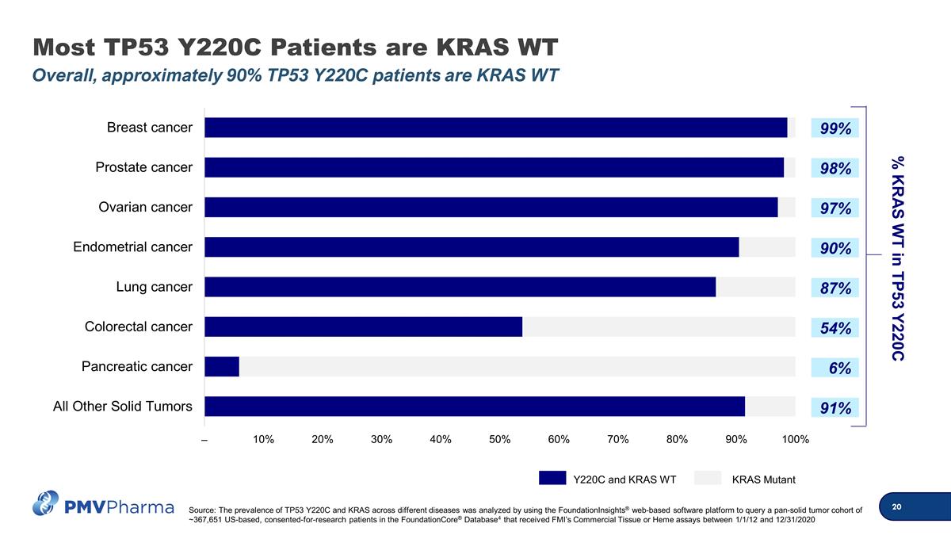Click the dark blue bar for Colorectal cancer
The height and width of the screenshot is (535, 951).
pyautogui.click(x=364, y=327)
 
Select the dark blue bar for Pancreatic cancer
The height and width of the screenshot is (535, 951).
pyautogui.click(x=222, y=366)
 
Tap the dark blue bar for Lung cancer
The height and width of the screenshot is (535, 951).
pyautogui.click(x=460, y=287)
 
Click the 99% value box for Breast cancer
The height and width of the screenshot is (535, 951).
pyautogui.click(x=835, y=128)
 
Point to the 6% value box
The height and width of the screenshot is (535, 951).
pyautogui.click(x=835, y=367)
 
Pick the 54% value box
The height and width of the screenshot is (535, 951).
pyautogui.click(x=835, y=327)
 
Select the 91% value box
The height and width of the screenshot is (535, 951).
pyautogui.click(x=835, y=407)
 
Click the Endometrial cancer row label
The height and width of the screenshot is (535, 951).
pyautogui.click(x=132, y=246)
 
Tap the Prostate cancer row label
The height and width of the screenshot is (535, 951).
pyautogui.click(x=143, y=167)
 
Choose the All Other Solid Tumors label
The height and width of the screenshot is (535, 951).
pyautogui.click(x=122, y=407)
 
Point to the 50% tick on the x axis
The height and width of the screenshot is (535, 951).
pyautogui.click(x=500, y=439)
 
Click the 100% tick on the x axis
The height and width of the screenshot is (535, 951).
pyautogui.click(x=795, y=439)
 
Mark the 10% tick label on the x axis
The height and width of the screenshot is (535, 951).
pyautogui.click(x=263, y=439)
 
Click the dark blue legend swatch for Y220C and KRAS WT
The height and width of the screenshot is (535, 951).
pyautogui.click(x=552, y=478)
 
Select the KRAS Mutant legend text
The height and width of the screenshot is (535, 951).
pyautogui.click(x=763, y=480)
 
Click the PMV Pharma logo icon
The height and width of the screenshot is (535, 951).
pyautogui.click(x=45, y=503)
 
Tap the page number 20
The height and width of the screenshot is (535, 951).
pyautogui.click(x=896, y=506)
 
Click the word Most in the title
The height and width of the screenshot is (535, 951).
pyautogui.click(x=63, y=47)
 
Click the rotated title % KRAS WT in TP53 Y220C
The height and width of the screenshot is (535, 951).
pyautogui.click(x=897, y=258)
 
